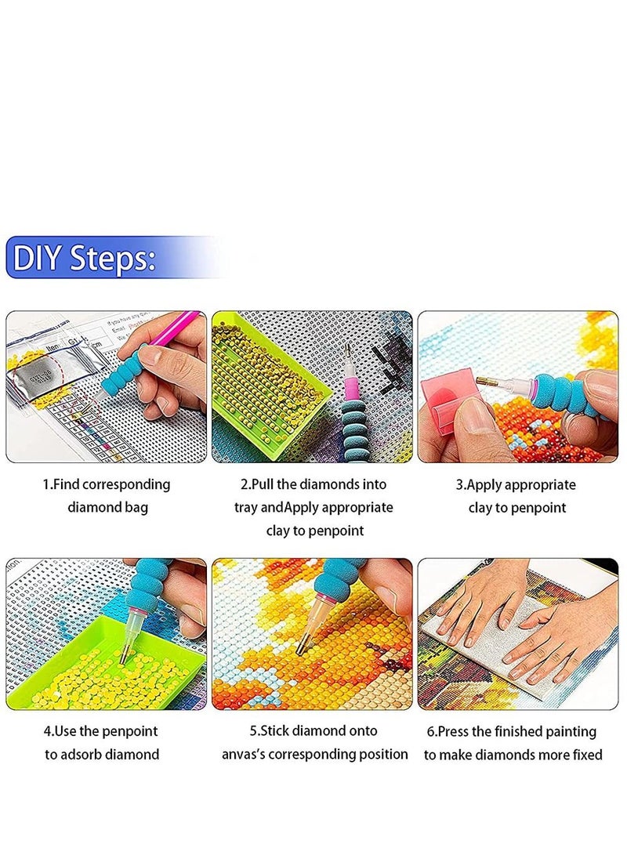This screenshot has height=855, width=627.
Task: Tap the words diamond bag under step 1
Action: (107, 507)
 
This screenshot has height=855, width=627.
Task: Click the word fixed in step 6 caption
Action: (584, 755)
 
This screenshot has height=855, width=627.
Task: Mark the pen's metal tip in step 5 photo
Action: (303, 645)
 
